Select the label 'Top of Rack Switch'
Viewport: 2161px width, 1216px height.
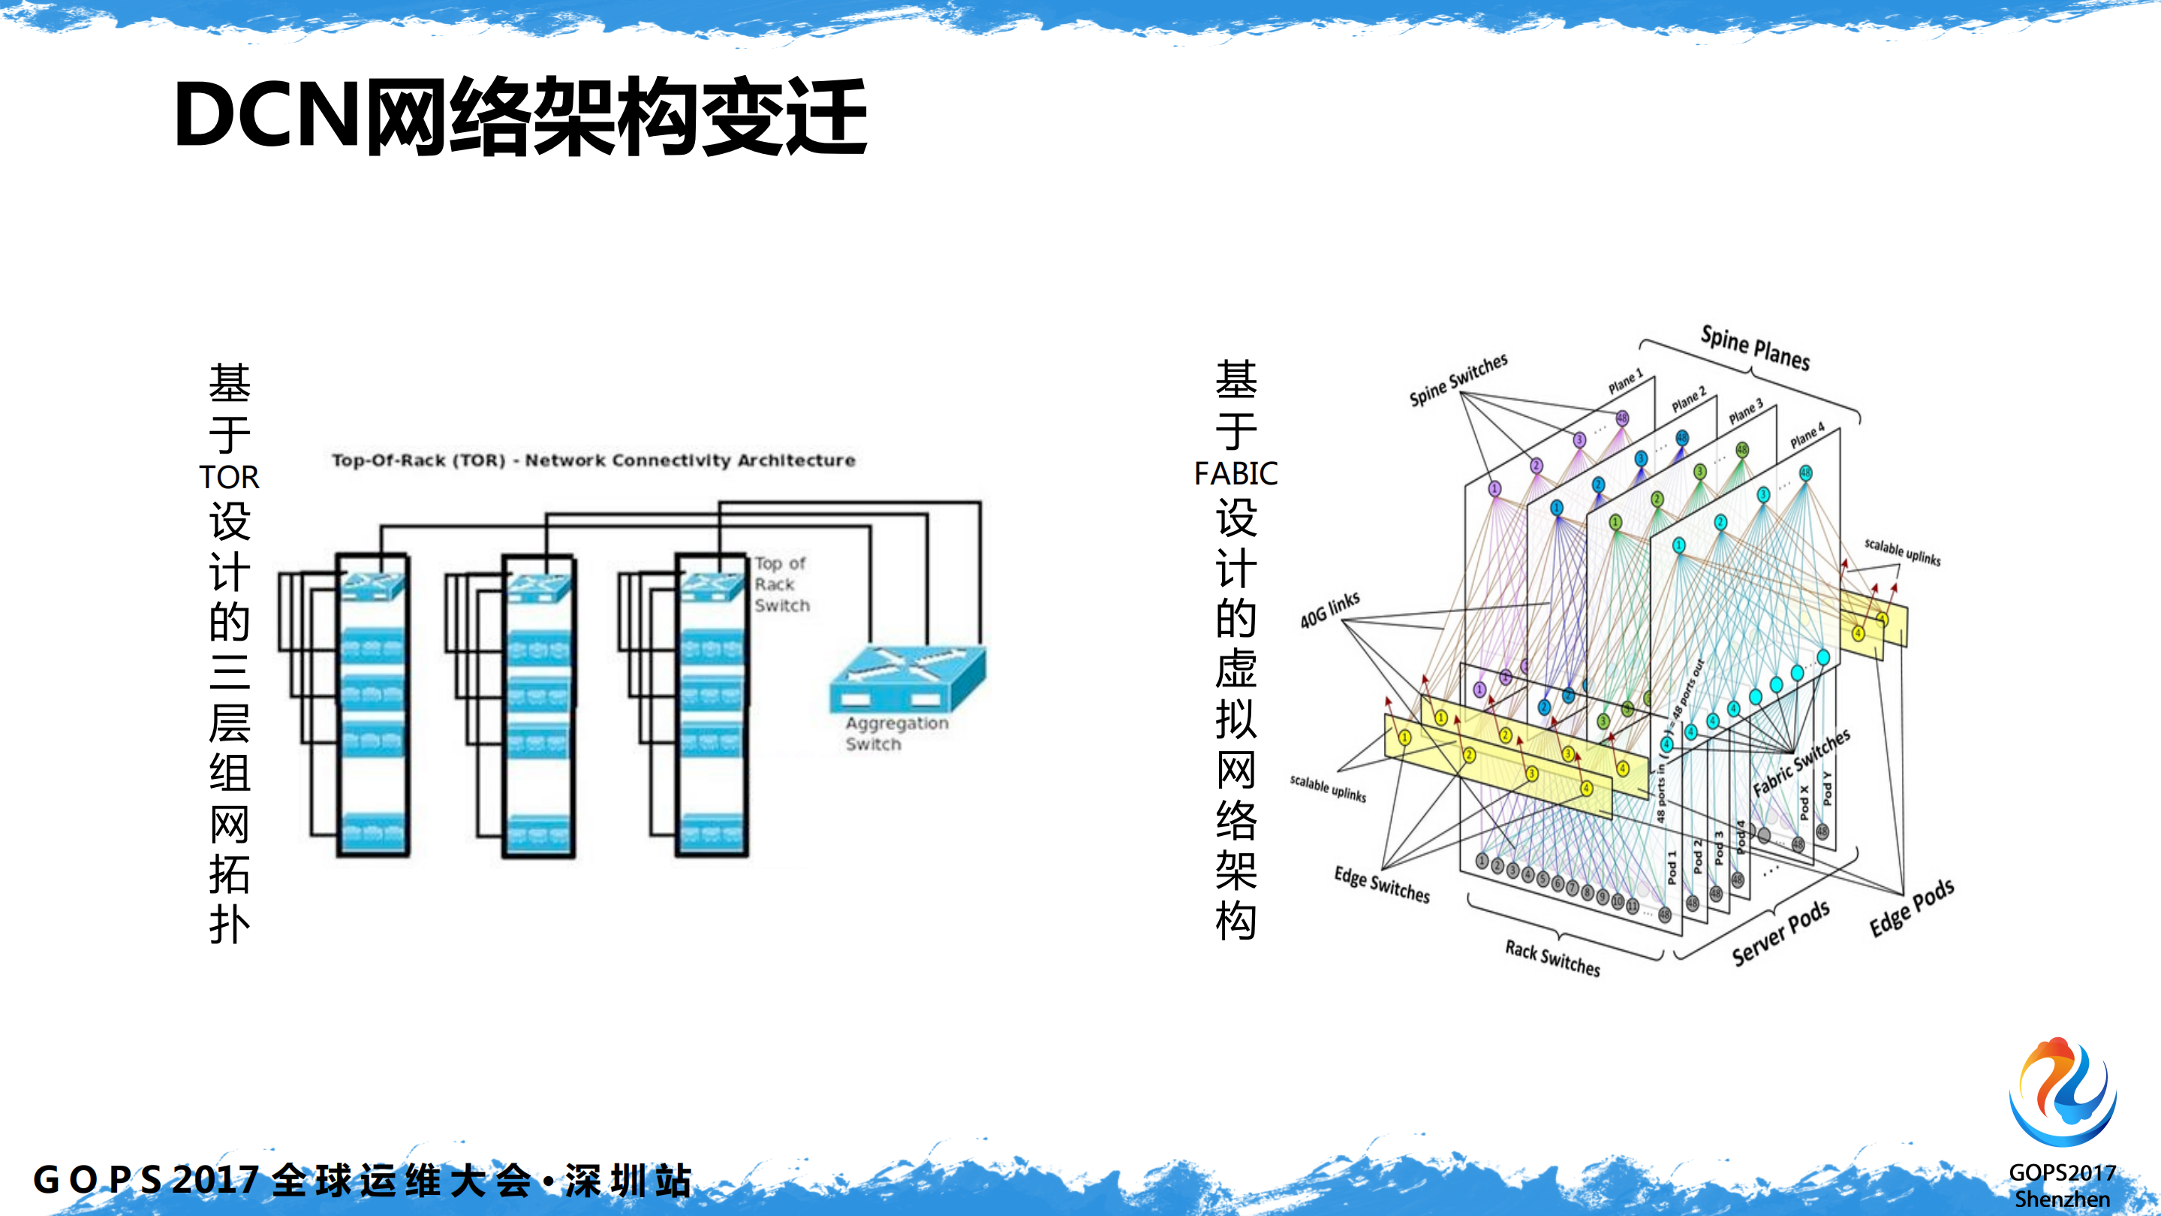[781, 584]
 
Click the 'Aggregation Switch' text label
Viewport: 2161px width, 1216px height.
[896, 734]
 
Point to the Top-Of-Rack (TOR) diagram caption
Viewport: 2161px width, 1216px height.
[593, 460]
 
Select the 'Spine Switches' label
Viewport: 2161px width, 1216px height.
[1458, 379]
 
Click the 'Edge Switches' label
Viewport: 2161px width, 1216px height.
[1382, 885]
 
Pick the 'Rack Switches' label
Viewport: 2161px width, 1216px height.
[1552, 958]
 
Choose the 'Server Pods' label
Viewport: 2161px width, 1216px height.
[1780, 933]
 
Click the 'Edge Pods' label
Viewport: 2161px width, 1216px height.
[1911, 908]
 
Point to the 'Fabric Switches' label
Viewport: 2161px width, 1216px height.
[1801, 762]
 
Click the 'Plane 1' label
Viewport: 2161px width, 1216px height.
[1625, 382]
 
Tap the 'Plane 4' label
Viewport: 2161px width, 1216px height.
[1807, 436]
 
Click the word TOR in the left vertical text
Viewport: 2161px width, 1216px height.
[229, 477]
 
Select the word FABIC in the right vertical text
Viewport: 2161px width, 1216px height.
[1236, 473]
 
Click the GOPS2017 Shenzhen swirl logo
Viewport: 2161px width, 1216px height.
[2062, 1091]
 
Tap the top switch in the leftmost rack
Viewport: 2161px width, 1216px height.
[373, 585]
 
